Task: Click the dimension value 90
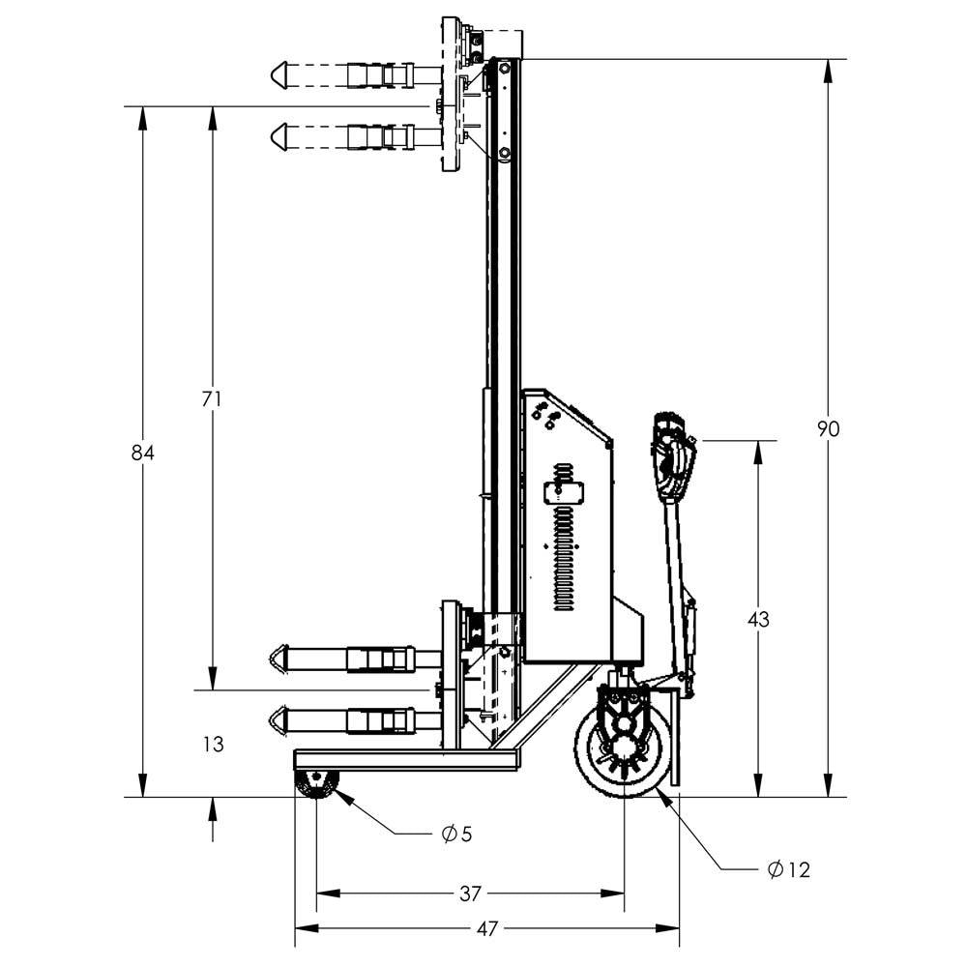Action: pyautogui.click(x=828, y=428)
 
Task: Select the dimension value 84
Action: pyautogui.click(x=143, y=453)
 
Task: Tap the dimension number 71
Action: pyautogui.click(x=213, y=398)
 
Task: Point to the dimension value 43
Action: pyautogui.click(x=758, y=620)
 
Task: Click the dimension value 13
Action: pyautogui.click(x=214, y=744)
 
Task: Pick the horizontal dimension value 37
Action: pyautogui.click(x=470, y=894)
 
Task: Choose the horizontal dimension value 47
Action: pyautogui.click(x=487, y=928)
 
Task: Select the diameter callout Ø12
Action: pyautogui.click(x=788, y=870)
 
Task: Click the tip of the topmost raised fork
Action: pyautogui.click(x=277, y=73)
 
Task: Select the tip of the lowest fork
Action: pyautogui.click(x=277, y=720)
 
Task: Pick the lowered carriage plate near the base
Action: pyautogui.click(x=451, y=675)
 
